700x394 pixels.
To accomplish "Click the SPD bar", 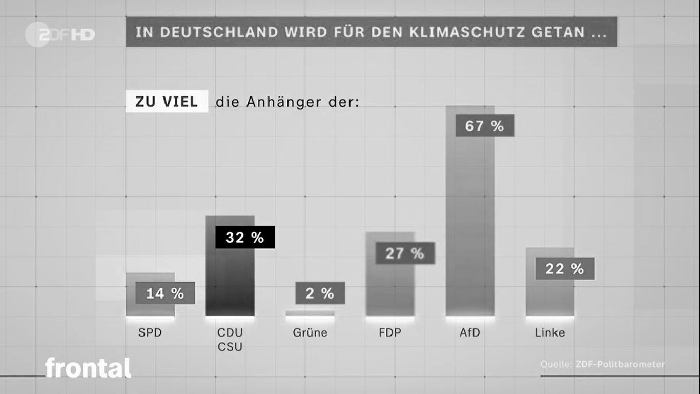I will (150, 308).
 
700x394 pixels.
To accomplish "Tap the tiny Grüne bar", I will (310, 312).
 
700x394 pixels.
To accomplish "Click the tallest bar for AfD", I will (470, 221).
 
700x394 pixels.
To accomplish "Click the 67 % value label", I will (484, 126).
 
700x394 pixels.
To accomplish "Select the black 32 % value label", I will (245, 238).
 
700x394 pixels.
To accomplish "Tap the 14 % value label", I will (165, 293).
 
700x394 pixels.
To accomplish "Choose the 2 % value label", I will (320, 293).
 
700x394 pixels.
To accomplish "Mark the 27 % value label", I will (405, 253).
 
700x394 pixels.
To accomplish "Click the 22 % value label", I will (565, 269).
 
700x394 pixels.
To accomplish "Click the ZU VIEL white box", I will (167, 102).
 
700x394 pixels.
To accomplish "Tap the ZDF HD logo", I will (60, 34).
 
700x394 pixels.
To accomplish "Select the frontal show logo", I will (88, 368).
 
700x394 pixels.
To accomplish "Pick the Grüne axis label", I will (310, 332).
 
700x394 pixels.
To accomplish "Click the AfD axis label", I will (470, 332).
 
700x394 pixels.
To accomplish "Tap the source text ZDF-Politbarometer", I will (620, 364).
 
